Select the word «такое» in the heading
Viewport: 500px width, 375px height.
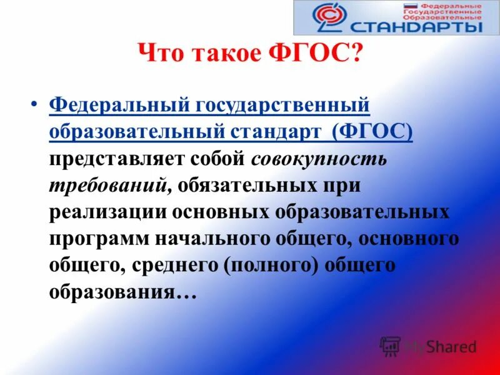[x=229, y=54]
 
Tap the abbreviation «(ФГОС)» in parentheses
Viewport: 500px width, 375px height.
[x=372, y=132]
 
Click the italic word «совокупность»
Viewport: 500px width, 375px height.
[x=319, y=158]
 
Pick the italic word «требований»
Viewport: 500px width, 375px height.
[x=107, y=184]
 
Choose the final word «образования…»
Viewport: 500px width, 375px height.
[x=123, y=291]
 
